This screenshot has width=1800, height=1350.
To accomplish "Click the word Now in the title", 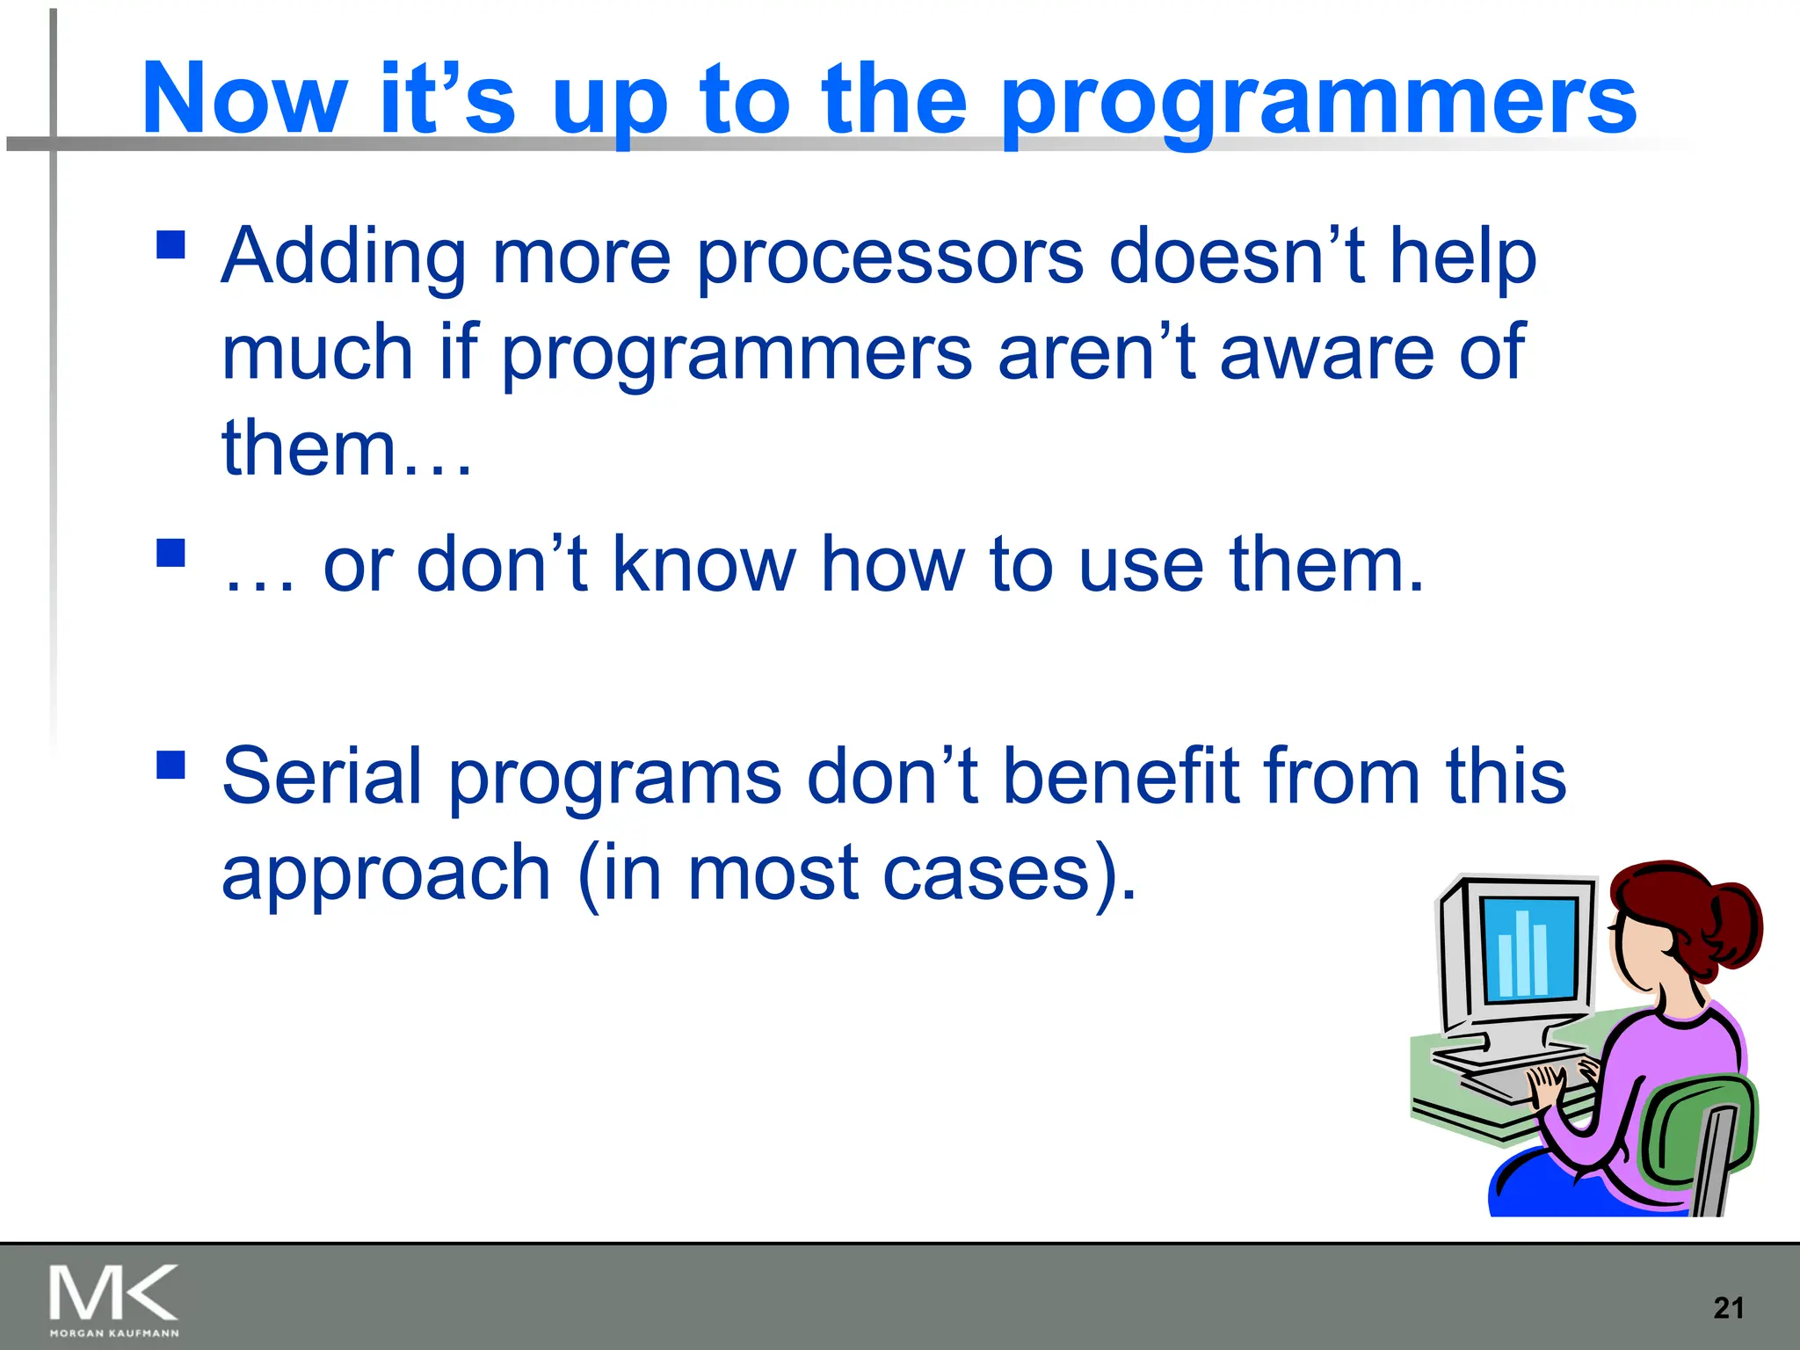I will click(243, 98).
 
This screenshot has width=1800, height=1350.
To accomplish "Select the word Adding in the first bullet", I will click(342, 258).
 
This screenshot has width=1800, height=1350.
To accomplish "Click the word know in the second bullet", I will click(703, 564).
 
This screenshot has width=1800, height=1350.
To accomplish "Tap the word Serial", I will click(322, 775).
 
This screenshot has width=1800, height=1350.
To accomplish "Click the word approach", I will click(386, 874).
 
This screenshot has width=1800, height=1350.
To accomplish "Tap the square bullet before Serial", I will click(171, 764).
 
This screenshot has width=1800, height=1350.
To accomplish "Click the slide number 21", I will click(1728, 1308).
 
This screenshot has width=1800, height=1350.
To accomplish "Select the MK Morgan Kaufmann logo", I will click(113, 1300).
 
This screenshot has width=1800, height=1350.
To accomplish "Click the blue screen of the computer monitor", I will click(1528, 949).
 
